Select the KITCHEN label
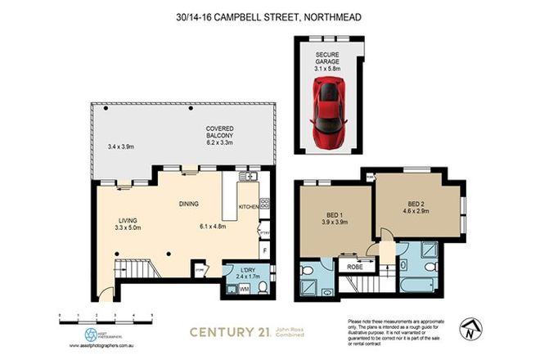tap(248, 208)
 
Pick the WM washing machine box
tap(244, 288)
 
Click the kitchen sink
tap(250, 175)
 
